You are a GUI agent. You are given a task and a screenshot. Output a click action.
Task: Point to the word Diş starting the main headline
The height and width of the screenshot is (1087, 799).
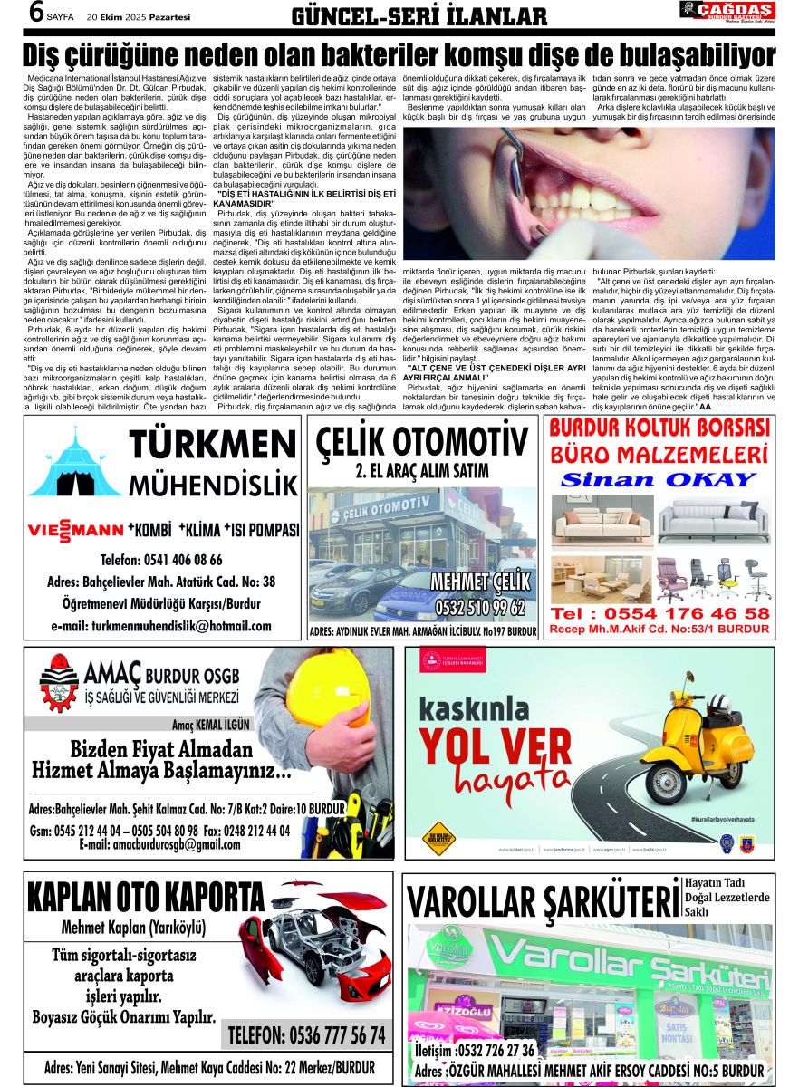(x=50, y=53)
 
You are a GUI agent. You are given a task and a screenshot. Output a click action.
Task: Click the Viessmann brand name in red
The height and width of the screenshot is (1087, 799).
(x=75, y=529)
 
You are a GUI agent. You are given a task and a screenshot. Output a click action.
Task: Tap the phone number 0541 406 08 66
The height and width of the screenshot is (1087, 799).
(x=162, y=560)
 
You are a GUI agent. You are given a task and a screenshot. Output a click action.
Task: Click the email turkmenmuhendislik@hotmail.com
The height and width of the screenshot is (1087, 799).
(x=161, y=626)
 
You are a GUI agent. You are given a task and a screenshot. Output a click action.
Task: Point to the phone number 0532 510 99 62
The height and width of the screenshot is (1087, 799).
(x=479, y=606)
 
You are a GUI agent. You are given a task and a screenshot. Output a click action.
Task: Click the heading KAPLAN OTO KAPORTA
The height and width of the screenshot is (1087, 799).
(x=145, y=899)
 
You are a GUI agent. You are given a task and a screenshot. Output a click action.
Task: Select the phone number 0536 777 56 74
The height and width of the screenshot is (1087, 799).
(x=306, y=1035)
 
